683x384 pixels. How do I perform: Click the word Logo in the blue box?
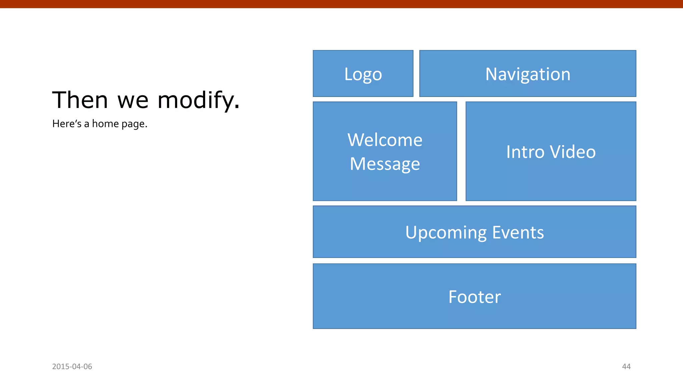(363, 74)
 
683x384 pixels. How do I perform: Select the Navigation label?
(528, 74)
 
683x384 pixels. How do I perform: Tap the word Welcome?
(385, 140)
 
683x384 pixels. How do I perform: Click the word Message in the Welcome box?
(385, 164)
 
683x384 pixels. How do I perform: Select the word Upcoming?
(446, 233)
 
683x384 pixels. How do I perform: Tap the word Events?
(518, 232)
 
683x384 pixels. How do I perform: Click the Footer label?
(474, 297)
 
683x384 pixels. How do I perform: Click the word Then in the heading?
(80, 100)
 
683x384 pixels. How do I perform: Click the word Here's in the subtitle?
(67, 124)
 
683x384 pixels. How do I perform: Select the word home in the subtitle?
(105, 124)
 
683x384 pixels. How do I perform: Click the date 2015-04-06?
(72, 366)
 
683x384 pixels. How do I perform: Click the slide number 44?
(626, 366)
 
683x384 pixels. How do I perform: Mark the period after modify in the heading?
(237, 107)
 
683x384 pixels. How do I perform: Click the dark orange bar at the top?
(341, 4)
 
